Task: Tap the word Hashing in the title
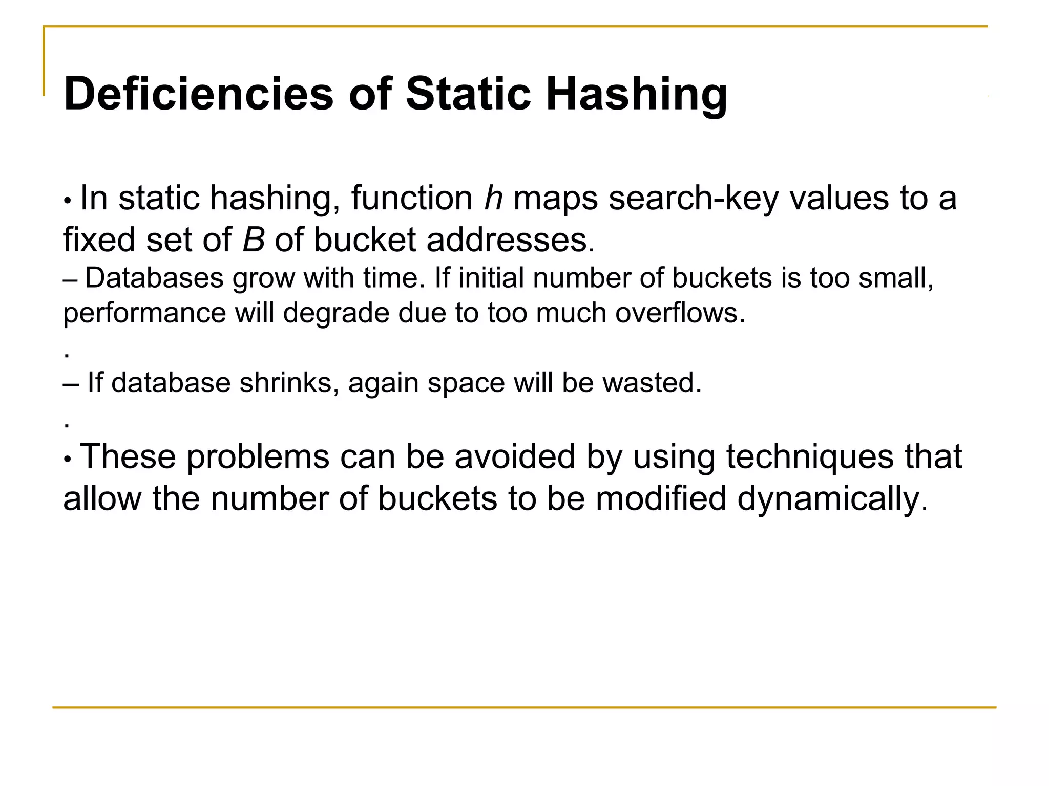pos(636,95)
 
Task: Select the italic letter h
pos(493,198)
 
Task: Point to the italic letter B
pos(254,239)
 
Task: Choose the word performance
pos(144,313)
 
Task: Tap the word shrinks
pos(289,383)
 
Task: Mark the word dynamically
pos(832,499)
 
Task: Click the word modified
pos(661,498)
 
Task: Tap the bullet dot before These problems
pos(67,459)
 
